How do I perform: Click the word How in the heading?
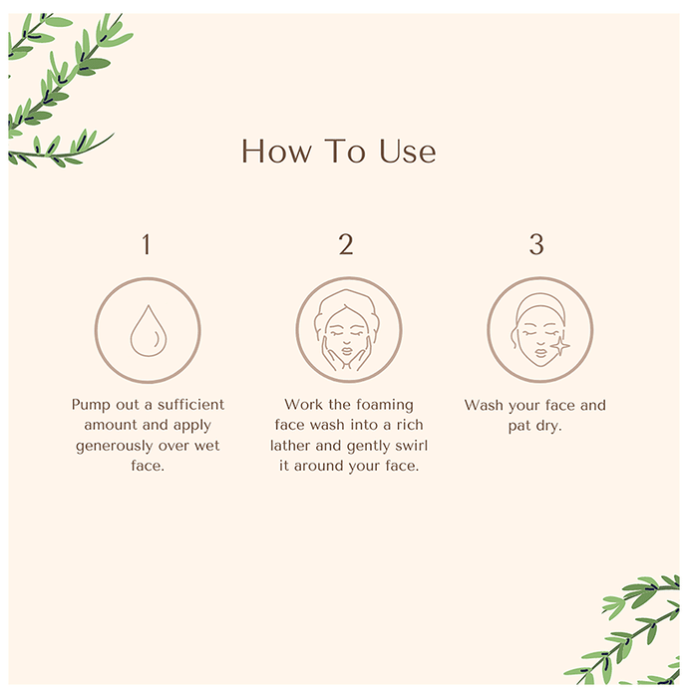[x=276, y=151]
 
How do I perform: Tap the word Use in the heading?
[x=407, y=151]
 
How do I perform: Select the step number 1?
[x=146, y=244]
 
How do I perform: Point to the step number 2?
[x=346, y=244]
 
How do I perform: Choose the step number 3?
[x=536, y=244]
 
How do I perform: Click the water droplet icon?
[x=149, y=331]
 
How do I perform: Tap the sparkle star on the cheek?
[x=559, y=346]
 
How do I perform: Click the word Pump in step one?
[x=91, y=405]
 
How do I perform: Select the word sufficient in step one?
[x=190, y=404]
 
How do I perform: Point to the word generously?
[x=114, y=446]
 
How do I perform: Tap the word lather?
[x=290, y=445]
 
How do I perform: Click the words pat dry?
[x=534, y=426]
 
